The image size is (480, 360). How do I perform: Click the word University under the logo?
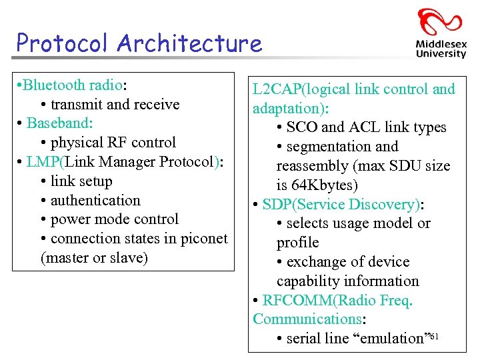click(x=441, y=54)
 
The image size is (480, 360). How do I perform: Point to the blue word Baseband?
click(x=59, y=124)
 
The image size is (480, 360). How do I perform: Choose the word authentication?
click(x=95, y=201)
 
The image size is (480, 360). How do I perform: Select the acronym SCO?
click(x=302, y=127)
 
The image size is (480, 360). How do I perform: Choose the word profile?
click(x=298, y=243)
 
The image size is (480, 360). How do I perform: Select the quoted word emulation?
click(x=392, y=339)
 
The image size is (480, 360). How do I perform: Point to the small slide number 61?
click(x=434, y=335)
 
